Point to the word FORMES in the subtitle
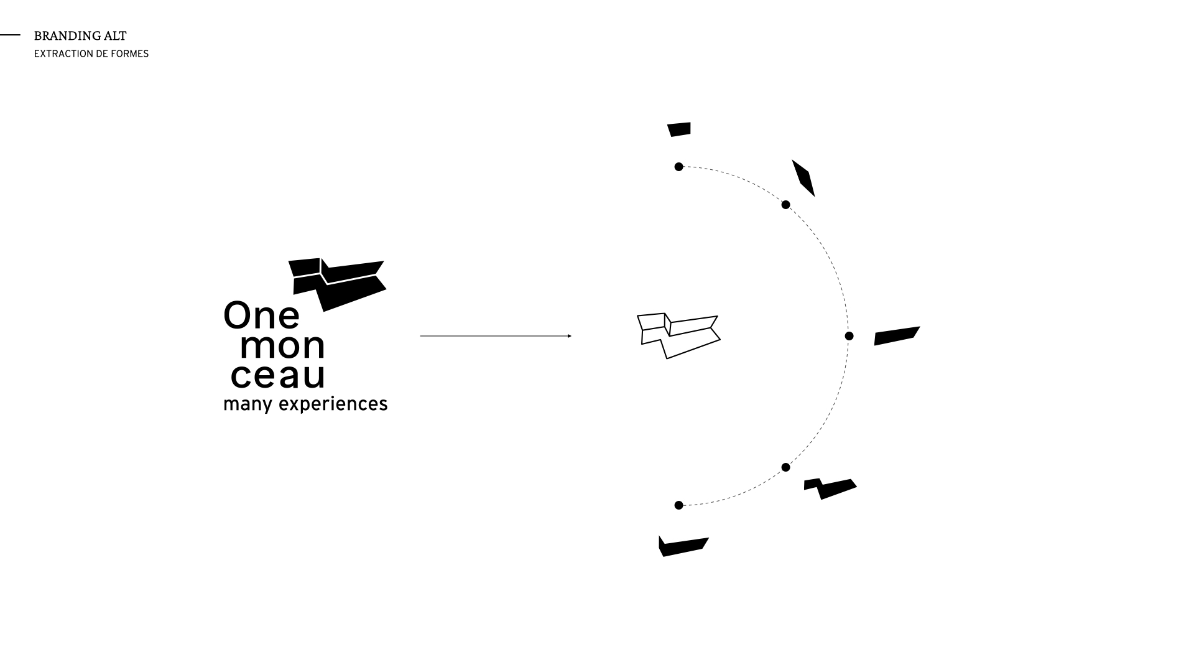131,54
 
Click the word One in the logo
261,315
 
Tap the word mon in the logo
282,346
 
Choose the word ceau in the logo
278,375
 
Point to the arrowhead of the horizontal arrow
569,336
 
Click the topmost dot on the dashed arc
678,167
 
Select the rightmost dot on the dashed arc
849,336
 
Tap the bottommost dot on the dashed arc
678,505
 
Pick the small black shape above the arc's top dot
679,129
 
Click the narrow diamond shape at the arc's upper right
803,178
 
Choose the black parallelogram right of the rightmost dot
896,336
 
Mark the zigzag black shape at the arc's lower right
831,488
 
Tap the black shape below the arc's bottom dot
682,546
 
